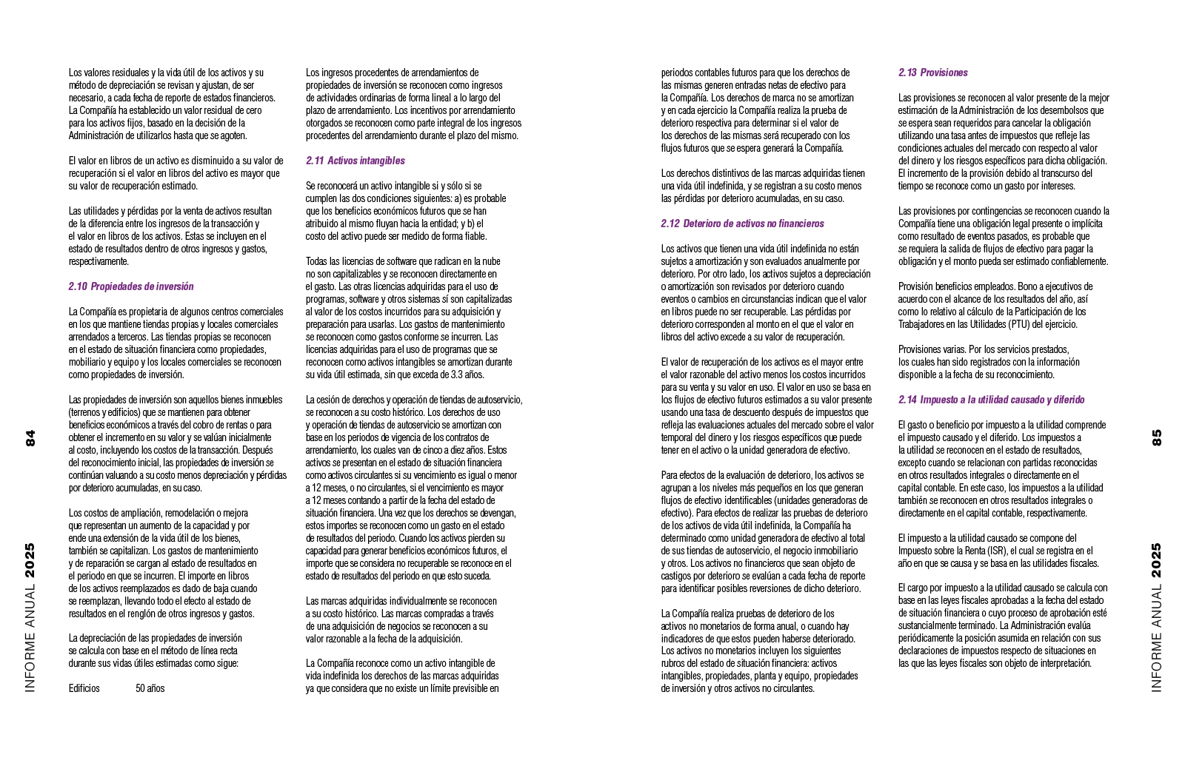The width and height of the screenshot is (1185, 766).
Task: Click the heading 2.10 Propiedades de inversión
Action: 131,286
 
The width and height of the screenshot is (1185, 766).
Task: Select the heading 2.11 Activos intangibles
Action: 355,161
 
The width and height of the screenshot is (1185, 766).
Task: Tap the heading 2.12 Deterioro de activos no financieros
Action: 742,224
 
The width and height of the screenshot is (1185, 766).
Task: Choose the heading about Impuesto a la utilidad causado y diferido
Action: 992,400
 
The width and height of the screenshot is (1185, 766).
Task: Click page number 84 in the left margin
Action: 30,437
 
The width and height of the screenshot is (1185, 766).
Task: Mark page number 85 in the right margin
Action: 1157,437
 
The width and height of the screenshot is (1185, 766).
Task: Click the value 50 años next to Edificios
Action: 150,688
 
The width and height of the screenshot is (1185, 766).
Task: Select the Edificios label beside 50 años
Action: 84,688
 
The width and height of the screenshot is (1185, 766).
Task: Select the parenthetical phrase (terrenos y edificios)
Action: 110,412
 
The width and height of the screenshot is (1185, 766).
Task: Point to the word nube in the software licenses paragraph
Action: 492,261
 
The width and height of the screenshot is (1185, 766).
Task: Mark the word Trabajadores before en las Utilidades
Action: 925,324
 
